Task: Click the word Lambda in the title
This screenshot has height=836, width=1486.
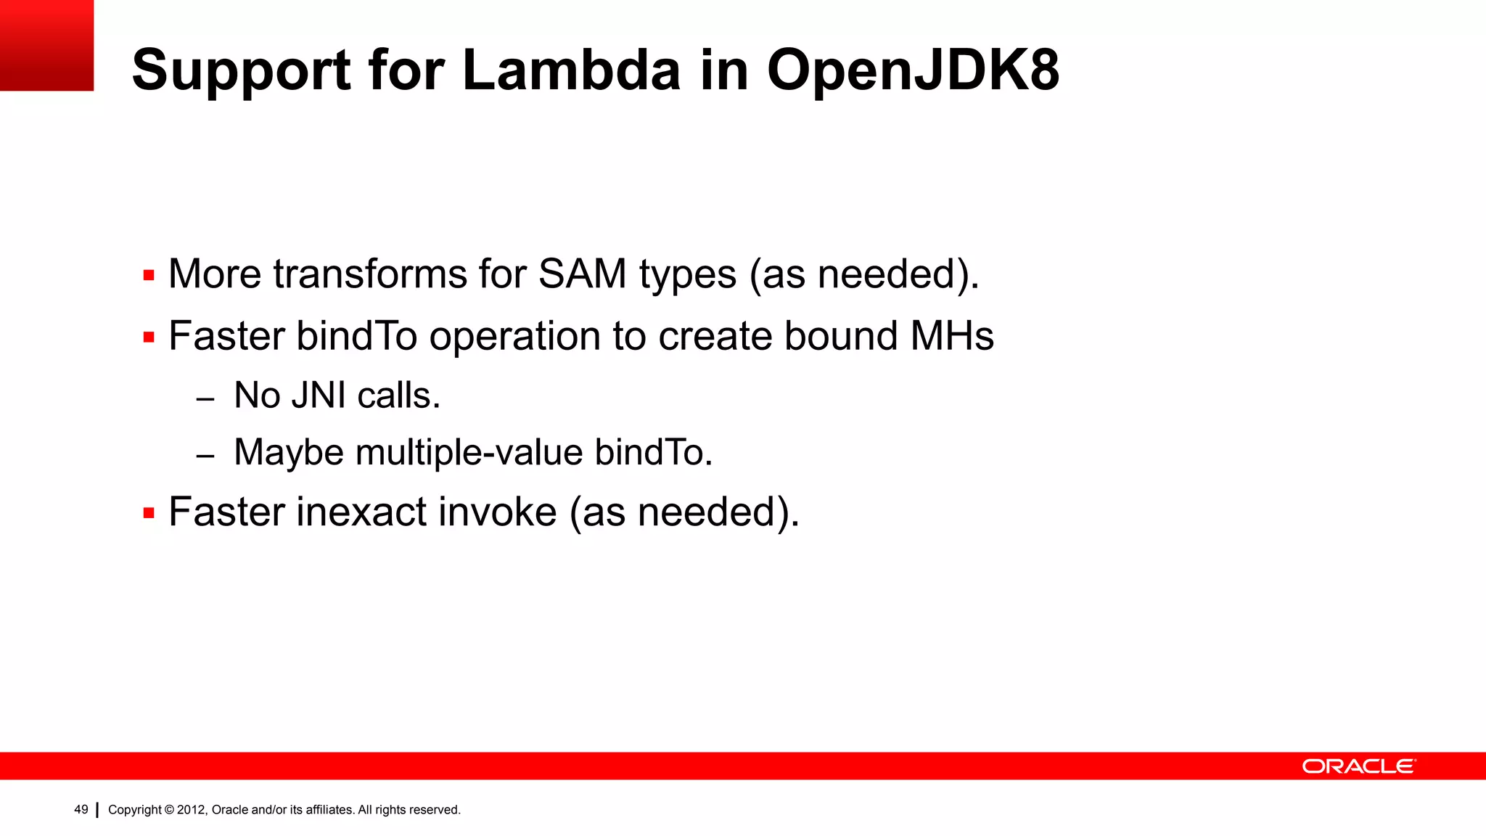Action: coord(571,70)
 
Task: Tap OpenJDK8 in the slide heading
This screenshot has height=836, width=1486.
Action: coord(914,70)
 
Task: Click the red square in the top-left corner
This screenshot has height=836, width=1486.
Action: coord(46,45)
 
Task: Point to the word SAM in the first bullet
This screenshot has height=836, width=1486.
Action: coord(582,274)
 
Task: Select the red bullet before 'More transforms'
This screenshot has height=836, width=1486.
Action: coord(149,276)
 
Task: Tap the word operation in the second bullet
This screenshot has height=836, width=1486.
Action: coord(514,337)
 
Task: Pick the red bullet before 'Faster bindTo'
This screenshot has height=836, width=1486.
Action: coord(149,337)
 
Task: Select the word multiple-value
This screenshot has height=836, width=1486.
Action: coord(469,453)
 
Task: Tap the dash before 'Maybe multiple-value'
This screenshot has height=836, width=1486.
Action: coord(205,456)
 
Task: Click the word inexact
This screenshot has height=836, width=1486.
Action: coord(361,512)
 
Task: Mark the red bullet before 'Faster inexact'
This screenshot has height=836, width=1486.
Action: coord(149,514)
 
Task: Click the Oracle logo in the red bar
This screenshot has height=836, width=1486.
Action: coord(1358,766)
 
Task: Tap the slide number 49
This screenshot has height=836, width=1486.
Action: coord(81,810)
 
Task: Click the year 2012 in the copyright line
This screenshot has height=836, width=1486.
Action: coord(192,810)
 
